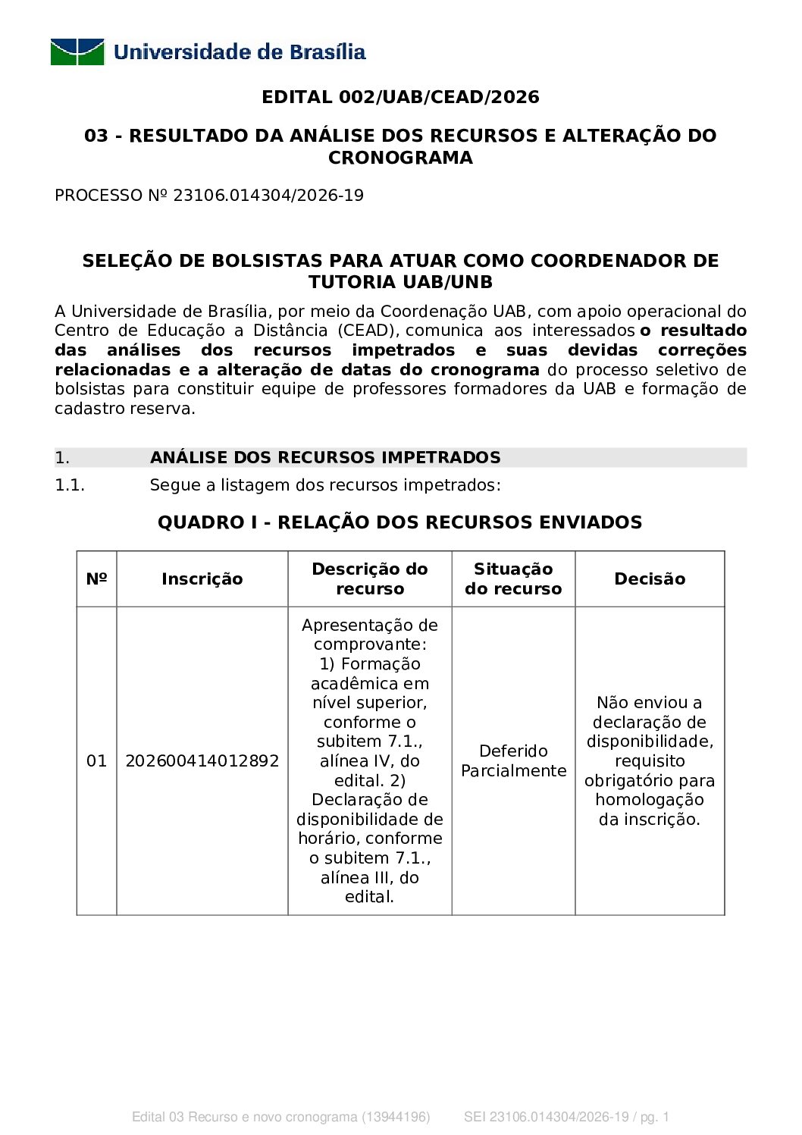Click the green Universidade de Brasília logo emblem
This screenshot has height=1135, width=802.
[77, 52]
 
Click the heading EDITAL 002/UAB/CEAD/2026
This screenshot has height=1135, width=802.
[400, 97]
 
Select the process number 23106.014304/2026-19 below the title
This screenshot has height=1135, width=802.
[268, 196]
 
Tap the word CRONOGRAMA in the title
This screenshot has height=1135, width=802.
[400, 158]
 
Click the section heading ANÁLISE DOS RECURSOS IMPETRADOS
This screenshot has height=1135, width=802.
[325, 457]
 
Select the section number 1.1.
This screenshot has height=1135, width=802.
[70, 485]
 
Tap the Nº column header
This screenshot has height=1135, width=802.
[96, 579]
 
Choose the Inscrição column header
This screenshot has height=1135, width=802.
[202, 579]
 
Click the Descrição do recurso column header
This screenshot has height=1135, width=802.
[370, 579]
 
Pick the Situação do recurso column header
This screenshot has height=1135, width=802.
[513, 579]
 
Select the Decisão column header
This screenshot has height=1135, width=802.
[650, 579]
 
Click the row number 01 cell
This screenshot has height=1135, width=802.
[96, 761]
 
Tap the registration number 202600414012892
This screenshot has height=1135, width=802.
[202, 761]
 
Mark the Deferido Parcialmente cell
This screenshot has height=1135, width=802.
[513, 761]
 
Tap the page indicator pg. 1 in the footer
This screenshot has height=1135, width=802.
[655, 1117]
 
